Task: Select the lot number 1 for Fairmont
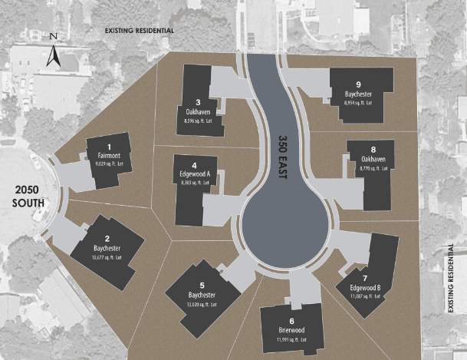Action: tap(110, 146)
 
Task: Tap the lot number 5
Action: tap(202, 286)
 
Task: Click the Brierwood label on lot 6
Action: tap(292, 330)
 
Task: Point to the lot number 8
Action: tap(373, 150)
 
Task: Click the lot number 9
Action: tap(359, 84)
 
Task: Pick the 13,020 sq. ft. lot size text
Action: tap(202, 305)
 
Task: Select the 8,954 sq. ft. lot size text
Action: tap(359, 102)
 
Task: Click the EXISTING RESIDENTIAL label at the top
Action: tap(140, 31)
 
